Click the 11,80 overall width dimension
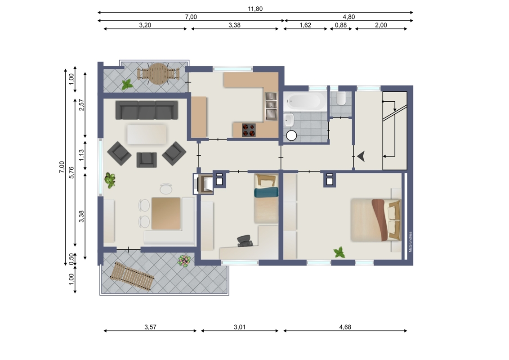click(255, 9)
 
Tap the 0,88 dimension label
click(341, 25)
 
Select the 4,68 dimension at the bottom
click(345, 327)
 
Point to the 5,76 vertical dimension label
click(71, 172)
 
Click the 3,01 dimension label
click(240, 327)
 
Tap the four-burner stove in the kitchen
click(249, 130)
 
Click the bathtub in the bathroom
click(305, 101)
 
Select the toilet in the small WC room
click(341, 99)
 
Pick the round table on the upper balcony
click(158, 74)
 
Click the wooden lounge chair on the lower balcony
click(132, 276)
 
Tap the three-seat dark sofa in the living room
click(147, 110)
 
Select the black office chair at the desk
click(245, 241)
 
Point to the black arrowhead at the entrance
click(362, 156)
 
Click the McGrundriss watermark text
click(411, 242)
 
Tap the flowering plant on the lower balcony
click(184, 261)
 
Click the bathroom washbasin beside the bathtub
click(289, 121)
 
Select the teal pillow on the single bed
click(266, 192)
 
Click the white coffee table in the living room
click(147, 134)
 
